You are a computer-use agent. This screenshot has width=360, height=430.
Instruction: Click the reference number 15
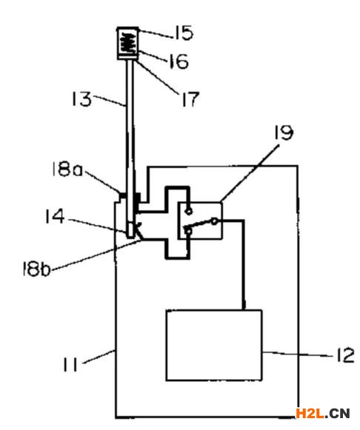(184, 33)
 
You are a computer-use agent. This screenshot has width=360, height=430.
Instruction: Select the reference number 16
(179, 61)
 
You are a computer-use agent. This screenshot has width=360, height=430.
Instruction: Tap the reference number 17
(190, 99)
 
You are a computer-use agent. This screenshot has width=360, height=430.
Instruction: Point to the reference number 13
(81, 99)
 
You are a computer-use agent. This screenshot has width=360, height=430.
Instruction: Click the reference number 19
(284, 132)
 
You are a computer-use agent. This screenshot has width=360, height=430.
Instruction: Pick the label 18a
(67, 169)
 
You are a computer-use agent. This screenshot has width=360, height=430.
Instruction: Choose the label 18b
(36, 269)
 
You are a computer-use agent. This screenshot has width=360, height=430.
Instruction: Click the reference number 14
(55, 216)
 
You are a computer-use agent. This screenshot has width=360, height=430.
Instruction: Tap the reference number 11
(70, 364)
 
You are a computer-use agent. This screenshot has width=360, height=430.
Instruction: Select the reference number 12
(345, 355)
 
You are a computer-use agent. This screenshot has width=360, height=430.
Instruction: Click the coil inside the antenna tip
(128, 43)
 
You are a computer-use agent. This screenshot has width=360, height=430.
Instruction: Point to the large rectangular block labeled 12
(214, 346)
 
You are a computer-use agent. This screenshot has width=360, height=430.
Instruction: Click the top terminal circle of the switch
(189, 211)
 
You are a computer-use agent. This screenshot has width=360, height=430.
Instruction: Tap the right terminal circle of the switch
(215, 221)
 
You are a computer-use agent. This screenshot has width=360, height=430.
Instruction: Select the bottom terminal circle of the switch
(188, 232)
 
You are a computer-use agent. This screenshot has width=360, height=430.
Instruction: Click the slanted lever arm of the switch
(198, 224)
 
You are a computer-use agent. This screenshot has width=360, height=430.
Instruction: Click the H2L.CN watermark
(323, 413)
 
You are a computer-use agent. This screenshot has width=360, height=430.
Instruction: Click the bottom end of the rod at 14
(130, 237)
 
